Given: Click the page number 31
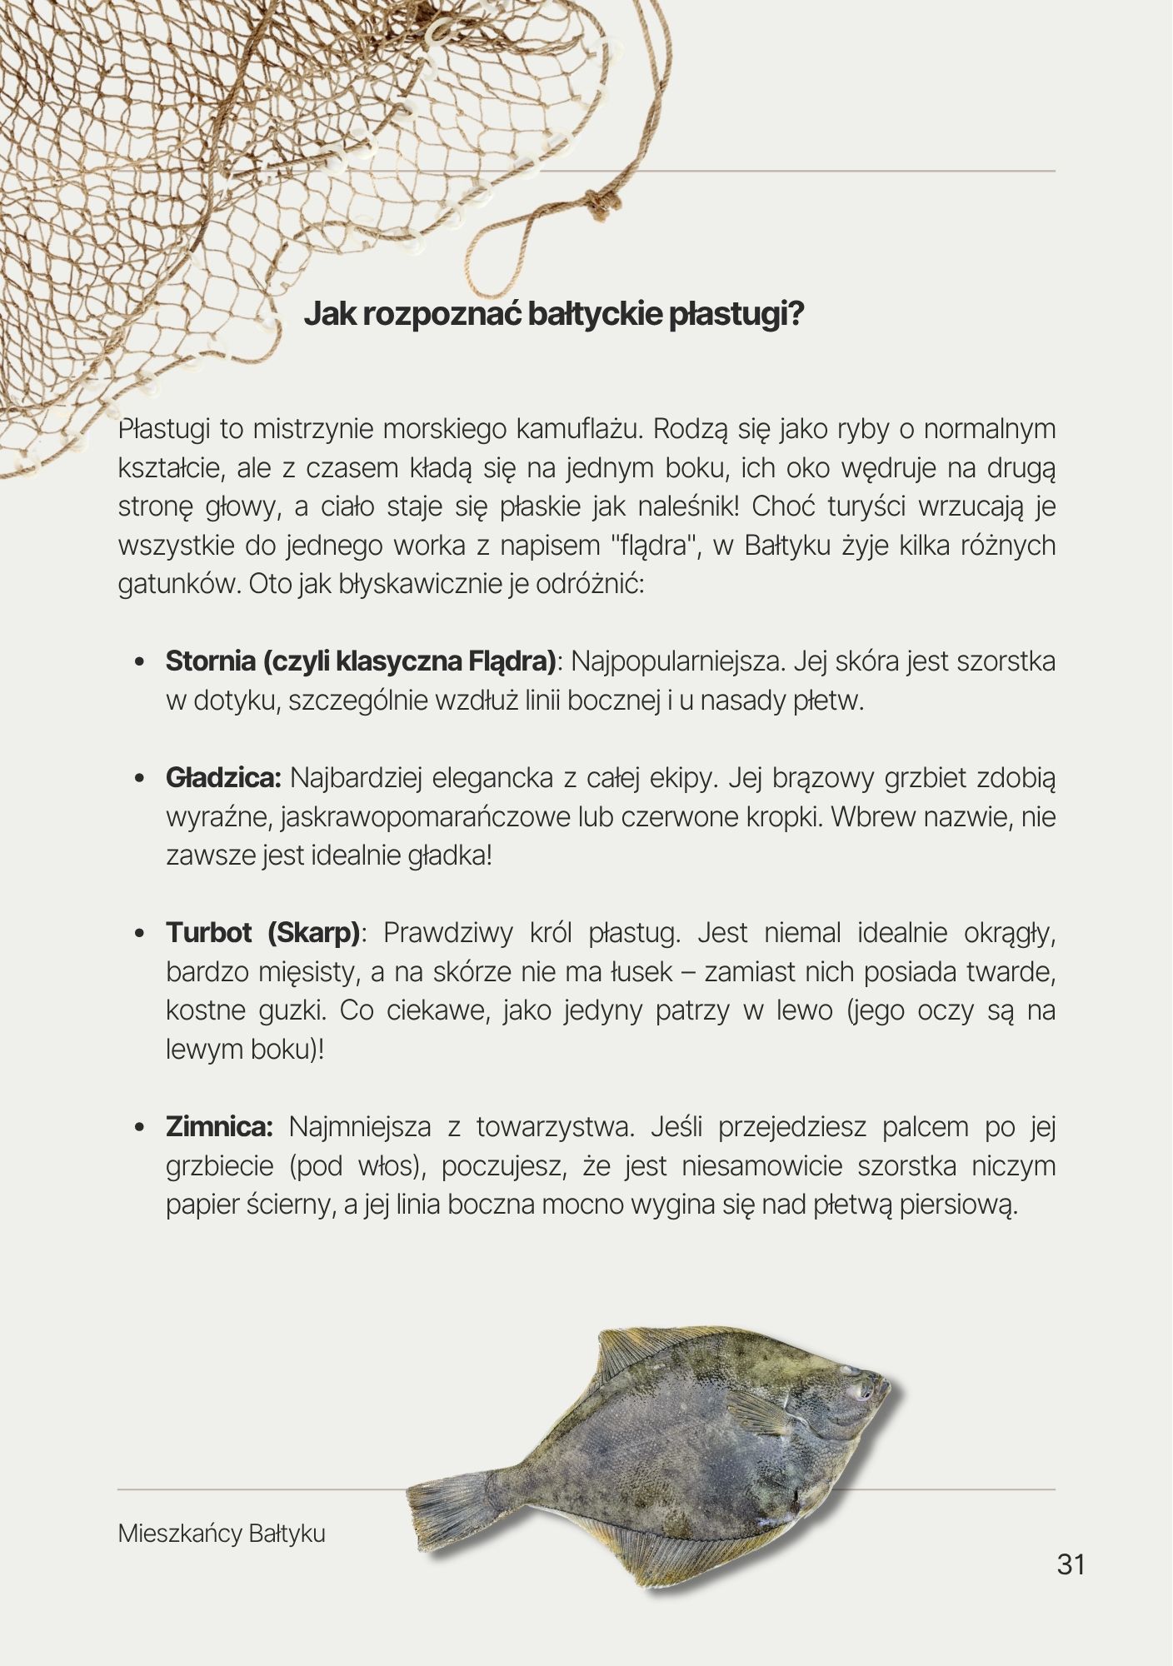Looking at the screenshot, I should pyautogui.click(x=1071, y=1564).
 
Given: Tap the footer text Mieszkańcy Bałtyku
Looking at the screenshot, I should pyautogui.click(x=222, y=1534).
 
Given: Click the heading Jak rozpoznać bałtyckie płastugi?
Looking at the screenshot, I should pyautogui.click(x=553, y=315).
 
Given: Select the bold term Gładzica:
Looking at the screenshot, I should pyautogui.click(x=224, y=778).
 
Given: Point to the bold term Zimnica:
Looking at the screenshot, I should pyautogui.click(x=219, y=1127).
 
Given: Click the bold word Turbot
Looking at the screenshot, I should pyautogui.click(x=208, y=933).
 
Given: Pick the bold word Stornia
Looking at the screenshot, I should pyautogui.click(x=211, y=661).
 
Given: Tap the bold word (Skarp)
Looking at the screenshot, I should pyautogui.click(x=314, y=933).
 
